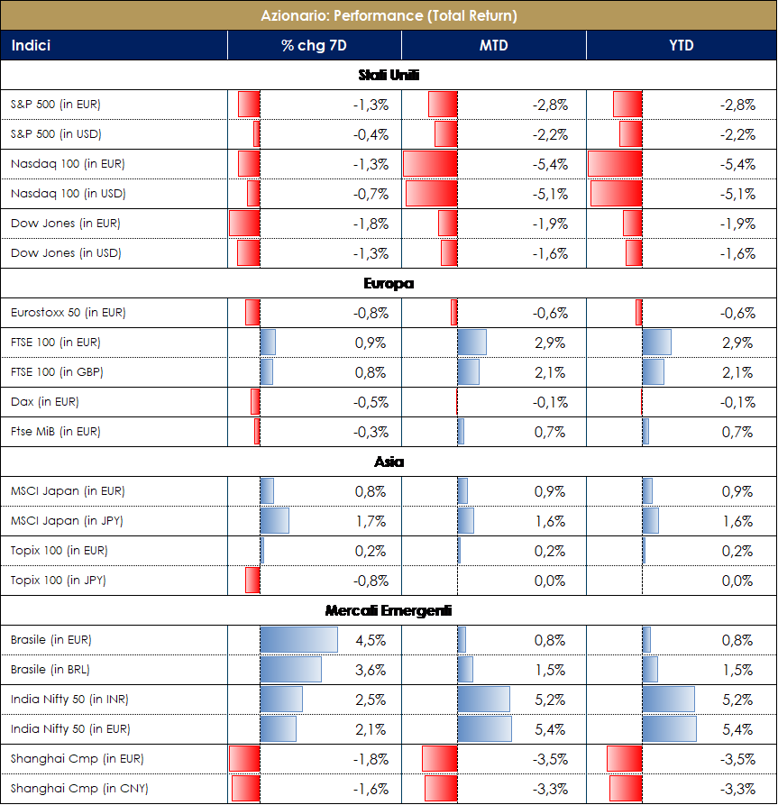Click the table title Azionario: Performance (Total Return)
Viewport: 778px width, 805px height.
tap(389, 15)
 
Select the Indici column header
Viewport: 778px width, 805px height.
tap(31, 45)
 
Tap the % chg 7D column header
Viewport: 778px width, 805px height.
tap(314, 45)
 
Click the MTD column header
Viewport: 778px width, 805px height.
tap(494, 45)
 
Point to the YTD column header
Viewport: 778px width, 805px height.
tap(682, 45)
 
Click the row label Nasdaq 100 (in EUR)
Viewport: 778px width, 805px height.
tap(68, 164)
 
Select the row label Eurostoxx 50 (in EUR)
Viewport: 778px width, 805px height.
tap(69, 313)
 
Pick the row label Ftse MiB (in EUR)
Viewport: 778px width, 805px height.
tap(56, 432)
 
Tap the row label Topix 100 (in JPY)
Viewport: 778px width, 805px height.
tap(59, 581)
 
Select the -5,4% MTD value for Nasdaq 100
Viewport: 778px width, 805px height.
tap(550, 164)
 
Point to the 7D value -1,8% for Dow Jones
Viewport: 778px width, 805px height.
tap(371, 224)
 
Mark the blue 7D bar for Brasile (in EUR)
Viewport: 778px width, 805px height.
tap(298, 640)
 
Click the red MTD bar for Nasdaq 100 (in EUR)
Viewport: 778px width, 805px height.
tap(430, 164)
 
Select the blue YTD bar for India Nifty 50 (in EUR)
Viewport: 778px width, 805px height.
tap(669, 729)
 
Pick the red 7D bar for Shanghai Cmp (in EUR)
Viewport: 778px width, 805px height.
tap(244, 759)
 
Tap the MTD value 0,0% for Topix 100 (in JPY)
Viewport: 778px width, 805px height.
tap(550, 581)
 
